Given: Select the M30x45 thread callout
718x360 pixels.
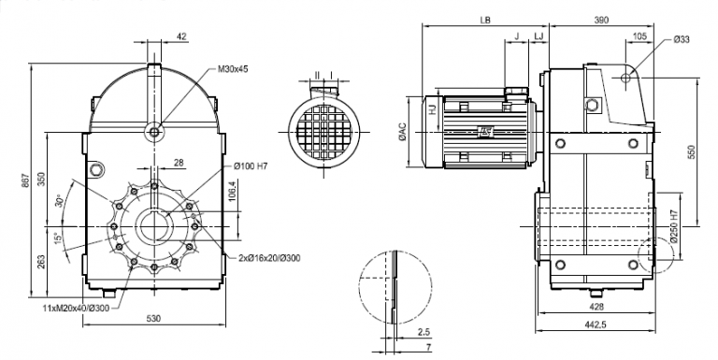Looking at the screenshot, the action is [x=233, y=69].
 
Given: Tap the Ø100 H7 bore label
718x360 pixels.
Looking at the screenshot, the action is [x=251, y=166].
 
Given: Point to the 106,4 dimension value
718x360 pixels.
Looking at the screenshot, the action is [x=231, y=191].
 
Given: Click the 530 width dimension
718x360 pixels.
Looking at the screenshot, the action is [x=154, y=318].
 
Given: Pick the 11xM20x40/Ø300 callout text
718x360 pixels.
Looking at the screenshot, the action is [x=76, y=308].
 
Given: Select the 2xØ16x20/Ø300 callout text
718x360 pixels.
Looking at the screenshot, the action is [x=269, y=258].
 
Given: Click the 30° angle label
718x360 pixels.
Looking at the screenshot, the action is [x=58, y=201].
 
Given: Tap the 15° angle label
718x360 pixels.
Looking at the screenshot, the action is [x=56, y=239].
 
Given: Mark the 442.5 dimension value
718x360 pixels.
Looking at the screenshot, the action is [x=596, y=324].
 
